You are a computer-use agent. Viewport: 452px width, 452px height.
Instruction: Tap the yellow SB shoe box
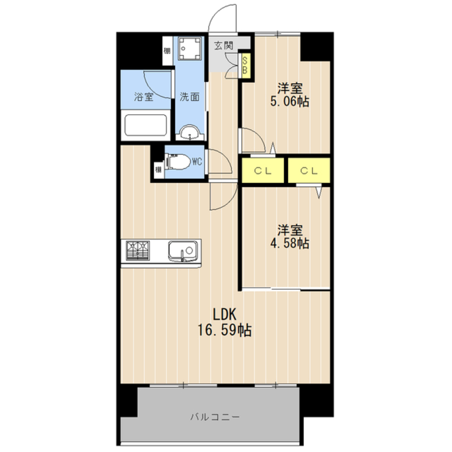245,65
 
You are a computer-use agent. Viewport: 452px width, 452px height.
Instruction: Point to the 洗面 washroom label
189,96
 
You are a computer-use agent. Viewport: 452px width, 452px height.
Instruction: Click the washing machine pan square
190,49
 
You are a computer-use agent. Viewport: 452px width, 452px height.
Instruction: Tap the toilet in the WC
178,161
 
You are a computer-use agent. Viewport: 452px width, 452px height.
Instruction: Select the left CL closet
263,171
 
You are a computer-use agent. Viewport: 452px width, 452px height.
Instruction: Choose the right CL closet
310,171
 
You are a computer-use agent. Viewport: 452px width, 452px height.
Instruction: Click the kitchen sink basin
183,250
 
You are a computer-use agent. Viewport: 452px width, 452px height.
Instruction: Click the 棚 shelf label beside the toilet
158,170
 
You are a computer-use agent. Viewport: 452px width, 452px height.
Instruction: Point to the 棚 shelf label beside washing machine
167,50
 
